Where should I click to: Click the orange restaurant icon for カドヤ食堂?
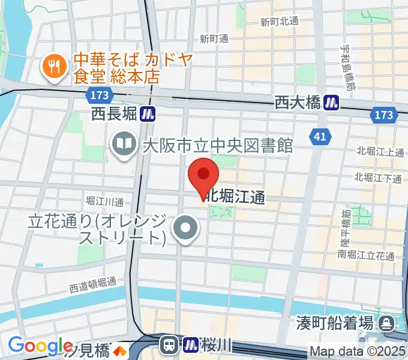pyautogui.click(x=53, y=68)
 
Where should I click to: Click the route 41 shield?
pyautogui.click(x=320, y=137)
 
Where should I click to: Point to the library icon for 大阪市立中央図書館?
pyautogui.click(x=124, y=145)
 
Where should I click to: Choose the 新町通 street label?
pyautogui.click(x=214, y=39)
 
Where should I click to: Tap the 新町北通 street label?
pyautogui.click(x=280, y=22)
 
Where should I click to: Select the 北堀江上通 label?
pyautogui.click(x=379, y=152)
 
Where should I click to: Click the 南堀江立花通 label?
pyautogui.click(x=366, y=255)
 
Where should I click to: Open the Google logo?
pyautogui.click(x=40, y=346)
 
